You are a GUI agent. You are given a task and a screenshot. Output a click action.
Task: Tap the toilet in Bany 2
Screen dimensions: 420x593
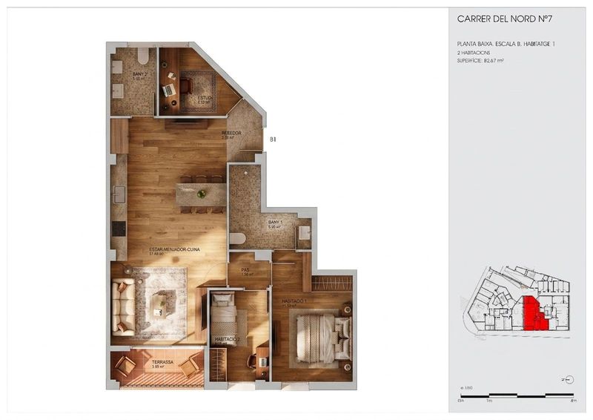pyautogui.click(x=143, y=56)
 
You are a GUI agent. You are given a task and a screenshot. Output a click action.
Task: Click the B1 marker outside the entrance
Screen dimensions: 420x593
pyautogui.click(x=274, y=139)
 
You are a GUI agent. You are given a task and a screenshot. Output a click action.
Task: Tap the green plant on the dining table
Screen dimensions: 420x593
pyautogui.click(x=201, y=194)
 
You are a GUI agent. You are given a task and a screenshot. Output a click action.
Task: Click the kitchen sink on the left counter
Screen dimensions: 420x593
pyautogui.click(x=119, y=194)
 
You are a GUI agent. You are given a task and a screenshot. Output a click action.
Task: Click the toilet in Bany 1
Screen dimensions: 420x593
pyautogui.click(x=238, y=239)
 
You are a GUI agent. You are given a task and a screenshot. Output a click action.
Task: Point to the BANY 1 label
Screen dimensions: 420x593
pyautogui.click(x=275, y=223)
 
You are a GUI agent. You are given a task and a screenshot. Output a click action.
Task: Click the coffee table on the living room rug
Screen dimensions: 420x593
pyautogui.click(x=160, y=304)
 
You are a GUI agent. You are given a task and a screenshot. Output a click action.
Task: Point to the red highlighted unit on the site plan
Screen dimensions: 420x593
pyautogui.click(x=534, y=312)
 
